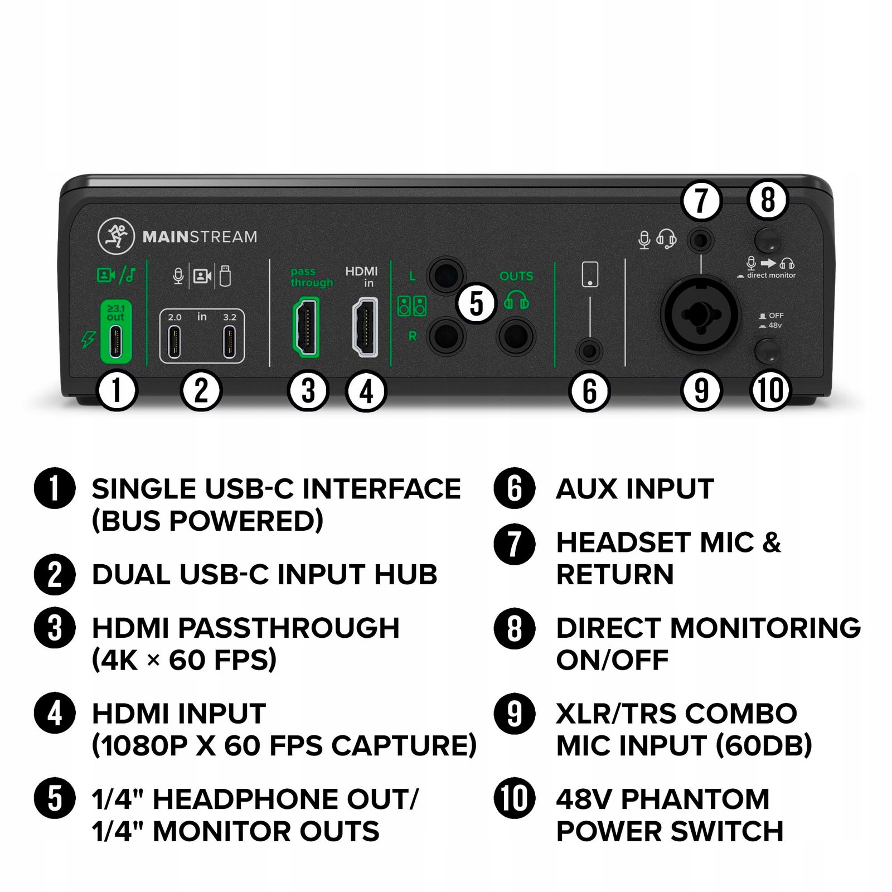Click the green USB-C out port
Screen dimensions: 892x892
116,342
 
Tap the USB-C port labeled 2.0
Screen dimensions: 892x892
174,342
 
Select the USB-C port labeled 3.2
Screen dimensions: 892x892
229,342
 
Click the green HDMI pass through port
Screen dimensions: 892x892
306,327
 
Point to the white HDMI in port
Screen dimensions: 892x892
365,327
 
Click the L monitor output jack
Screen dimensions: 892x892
446,275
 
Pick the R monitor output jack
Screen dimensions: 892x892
446,336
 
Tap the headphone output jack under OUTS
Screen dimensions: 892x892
516,336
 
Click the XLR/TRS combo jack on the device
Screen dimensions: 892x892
700,315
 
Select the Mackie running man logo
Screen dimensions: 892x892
116,236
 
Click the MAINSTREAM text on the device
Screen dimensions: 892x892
200,237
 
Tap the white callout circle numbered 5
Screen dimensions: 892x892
476,304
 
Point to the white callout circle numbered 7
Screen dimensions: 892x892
701,200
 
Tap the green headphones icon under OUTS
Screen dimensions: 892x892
516,302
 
